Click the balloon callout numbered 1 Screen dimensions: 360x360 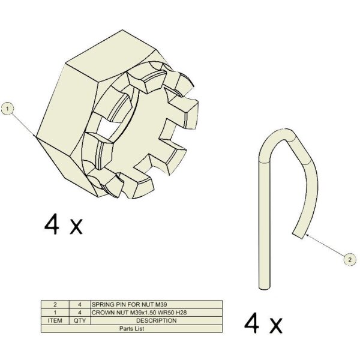click(8, 109)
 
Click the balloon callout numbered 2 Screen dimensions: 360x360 click(350, 260)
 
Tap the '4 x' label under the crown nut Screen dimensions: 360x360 click(63, 224)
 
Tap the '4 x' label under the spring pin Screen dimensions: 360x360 click(263, 323)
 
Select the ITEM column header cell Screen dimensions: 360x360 click(55, 320)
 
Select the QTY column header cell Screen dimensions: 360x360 click(80, 320)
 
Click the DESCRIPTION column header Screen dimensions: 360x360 click(157, 320)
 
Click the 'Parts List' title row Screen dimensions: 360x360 click(132, 329)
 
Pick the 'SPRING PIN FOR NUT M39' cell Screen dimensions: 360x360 click(157, 305)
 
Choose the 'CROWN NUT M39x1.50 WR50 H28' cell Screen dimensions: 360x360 click(157, 313)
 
